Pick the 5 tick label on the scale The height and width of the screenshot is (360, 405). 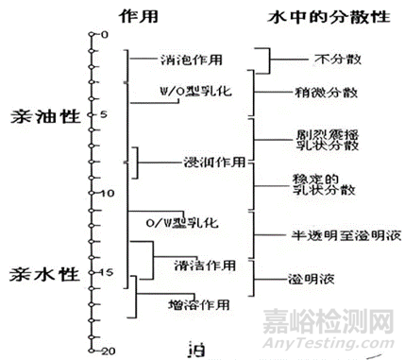(x=105, y=113)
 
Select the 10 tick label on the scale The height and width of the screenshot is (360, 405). (x=107, y=193)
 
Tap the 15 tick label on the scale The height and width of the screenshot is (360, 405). (x=107, y=272)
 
